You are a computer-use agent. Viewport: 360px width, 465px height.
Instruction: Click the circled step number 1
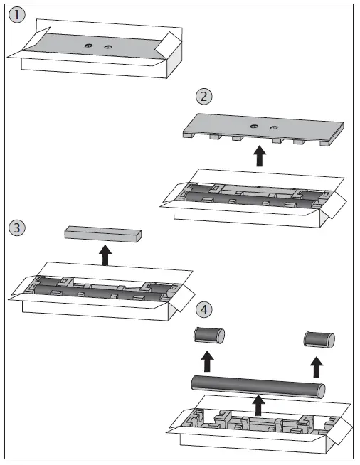[x=17, y=15]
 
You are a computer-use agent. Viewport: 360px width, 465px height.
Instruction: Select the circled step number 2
[x=204, y=97]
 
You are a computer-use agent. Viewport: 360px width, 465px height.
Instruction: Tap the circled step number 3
[x=17, y=228]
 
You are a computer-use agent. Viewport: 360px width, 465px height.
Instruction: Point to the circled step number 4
[x=204, y=309]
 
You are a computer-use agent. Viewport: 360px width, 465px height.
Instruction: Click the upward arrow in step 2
[x=260, y=156]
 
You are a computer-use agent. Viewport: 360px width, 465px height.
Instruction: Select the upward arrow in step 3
[x=105, y=255]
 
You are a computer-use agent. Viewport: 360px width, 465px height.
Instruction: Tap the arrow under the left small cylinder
[x=208, y=361]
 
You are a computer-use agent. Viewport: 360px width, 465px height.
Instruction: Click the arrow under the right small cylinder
[x=317, y=367]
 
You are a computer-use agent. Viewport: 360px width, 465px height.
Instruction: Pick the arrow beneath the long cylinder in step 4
[x=258, y=405]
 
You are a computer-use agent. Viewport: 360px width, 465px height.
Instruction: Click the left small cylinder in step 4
[x=209, y=336]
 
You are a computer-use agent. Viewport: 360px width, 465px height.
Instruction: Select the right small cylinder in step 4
[x=319, y=340]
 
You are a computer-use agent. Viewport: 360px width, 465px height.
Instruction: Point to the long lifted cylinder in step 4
[x=258, y=387]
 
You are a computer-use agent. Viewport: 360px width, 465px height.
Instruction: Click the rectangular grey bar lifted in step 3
[x=103, y=234]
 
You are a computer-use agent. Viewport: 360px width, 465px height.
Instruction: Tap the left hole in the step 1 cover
[x=88, y=46]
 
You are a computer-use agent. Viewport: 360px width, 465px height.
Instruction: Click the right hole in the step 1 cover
[x=108, y=47]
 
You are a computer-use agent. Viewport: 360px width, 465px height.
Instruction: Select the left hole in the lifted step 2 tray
[x=254, y=127]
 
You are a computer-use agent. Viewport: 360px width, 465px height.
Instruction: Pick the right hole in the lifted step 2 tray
[x=273, y=128]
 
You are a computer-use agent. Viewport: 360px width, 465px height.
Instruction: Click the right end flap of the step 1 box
[x=169, y=45]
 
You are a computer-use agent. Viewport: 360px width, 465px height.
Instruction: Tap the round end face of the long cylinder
[x=321, y=391]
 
